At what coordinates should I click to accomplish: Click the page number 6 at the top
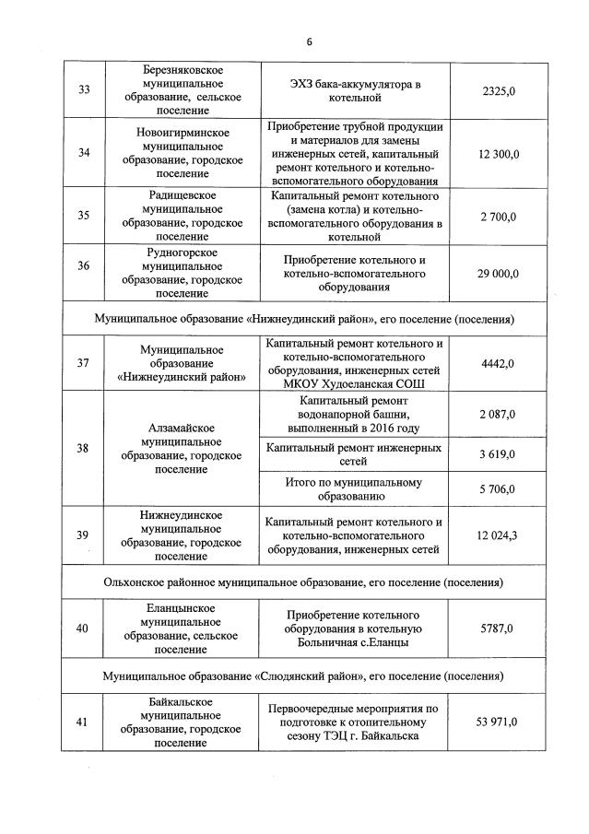310,42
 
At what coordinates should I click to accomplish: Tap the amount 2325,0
503,90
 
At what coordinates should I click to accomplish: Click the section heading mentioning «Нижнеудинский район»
303,319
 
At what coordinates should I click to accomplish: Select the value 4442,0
503,364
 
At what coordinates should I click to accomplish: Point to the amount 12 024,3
499,535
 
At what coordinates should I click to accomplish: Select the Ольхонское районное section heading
303,582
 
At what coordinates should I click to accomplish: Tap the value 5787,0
503,628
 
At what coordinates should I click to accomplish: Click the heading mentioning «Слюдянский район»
303,675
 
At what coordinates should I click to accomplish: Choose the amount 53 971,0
499,722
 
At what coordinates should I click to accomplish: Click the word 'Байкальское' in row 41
182,702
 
